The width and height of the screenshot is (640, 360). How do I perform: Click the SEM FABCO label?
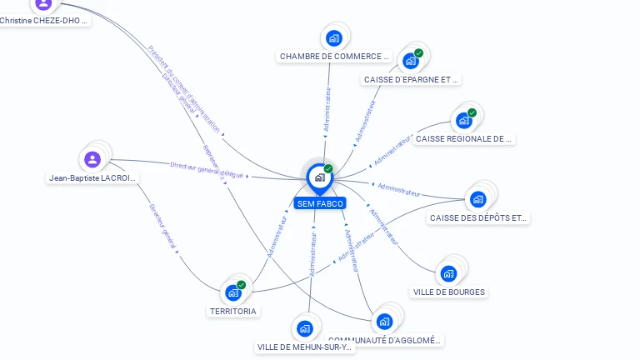point(319,203)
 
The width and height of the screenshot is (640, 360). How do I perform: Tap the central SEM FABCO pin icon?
point(319,177)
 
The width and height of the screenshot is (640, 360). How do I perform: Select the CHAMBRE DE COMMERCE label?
point(334,57)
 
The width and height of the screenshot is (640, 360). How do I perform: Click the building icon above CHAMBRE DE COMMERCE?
point(334,38)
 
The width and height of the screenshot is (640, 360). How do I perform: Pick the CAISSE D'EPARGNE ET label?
point(412,80)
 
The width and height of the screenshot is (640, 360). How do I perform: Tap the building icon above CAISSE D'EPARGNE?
point(410,61)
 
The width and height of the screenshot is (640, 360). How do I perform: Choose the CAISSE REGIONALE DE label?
point(464,139)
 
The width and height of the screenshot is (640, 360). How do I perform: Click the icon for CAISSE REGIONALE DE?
point(464,120)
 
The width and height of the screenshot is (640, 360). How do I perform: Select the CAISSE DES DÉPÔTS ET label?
point(478,218)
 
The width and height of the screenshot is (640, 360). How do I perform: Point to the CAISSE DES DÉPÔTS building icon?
point(477,199)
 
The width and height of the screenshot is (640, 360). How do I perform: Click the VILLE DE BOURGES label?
point(449,292)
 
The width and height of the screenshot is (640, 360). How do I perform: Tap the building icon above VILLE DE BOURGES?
point(448,273)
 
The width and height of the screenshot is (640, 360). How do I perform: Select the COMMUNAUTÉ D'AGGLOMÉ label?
point(385,340)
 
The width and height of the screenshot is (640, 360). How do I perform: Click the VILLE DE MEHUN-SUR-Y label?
point(305,347)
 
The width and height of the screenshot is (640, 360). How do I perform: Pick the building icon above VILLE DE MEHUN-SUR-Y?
point(305,328)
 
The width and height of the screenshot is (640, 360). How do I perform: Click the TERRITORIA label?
point(233,311)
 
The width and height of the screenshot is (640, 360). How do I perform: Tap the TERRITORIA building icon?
point(233,292)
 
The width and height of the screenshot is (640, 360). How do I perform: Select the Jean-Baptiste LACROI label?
point(92,178)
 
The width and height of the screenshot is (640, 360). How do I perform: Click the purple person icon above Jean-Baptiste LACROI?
point(92,158)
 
